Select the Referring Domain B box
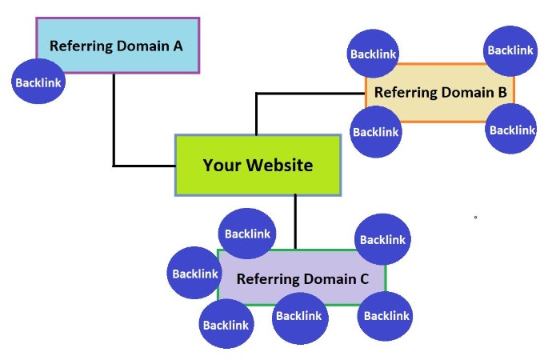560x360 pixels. (x=440, y=92)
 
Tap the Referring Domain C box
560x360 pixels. (x=302, y=279)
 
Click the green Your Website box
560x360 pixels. (x=258, y=166)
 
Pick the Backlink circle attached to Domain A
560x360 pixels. (x=38, y=82)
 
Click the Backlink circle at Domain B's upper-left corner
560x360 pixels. (x=373, y=54)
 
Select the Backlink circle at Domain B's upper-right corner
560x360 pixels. (x=510, y=50)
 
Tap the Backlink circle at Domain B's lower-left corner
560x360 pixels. (x=376, y=131)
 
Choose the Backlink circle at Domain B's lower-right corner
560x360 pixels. (x=511, y=130)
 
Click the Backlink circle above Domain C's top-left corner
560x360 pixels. (x=247, y=234)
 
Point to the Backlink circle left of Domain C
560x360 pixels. (x=194, y=274)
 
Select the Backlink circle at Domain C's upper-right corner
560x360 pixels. (x=382, y=239)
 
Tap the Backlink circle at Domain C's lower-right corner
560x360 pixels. (x=386, y=315)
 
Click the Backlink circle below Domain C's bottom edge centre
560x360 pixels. (x=298, y=316)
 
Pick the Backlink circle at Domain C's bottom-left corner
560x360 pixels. (x=226, y=325)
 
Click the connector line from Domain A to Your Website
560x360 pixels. (x=114, y=128)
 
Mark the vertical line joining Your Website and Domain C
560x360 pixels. (x=295, y=222)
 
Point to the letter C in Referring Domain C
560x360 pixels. (x=364, y=279)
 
